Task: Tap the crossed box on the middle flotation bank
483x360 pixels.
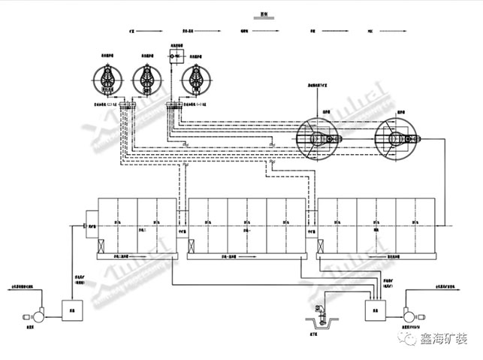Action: point(193,244)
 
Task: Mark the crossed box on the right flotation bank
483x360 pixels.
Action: point(321,244)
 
